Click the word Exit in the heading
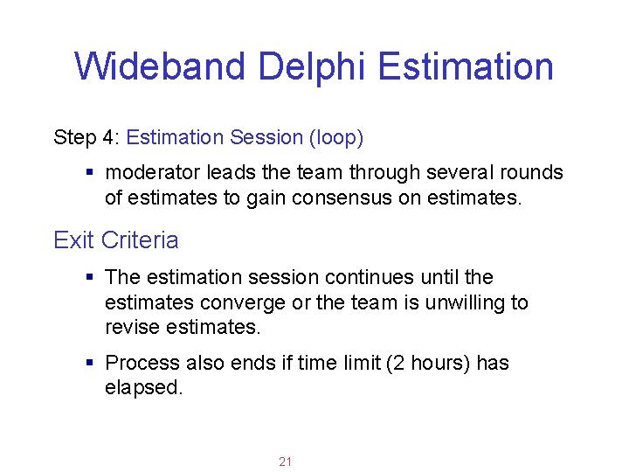point(73,239)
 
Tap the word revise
point(130,328)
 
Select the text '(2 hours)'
point(429,363)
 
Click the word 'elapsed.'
point(144,388)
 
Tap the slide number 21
point(285,462)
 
